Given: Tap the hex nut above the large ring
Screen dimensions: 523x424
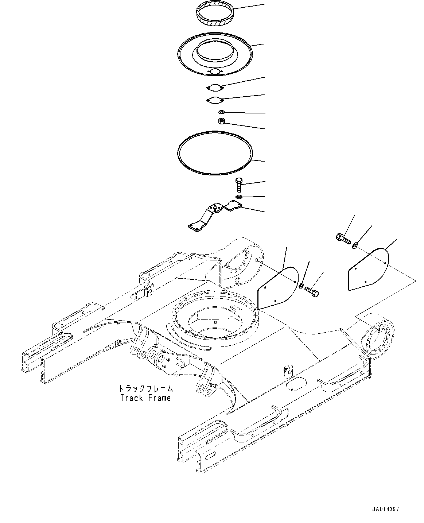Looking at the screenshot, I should [x=221, y=121].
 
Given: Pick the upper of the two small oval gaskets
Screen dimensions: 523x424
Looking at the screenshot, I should [x=215, y=88].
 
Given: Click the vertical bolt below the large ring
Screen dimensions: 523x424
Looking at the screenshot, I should [x=238, y=185].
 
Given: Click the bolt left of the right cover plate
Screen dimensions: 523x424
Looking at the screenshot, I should [x=342, y=239].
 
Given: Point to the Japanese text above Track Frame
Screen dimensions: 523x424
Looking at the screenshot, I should [x=145, y=388].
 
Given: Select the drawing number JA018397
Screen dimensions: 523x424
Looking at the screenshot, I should [x=386, y=509].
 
